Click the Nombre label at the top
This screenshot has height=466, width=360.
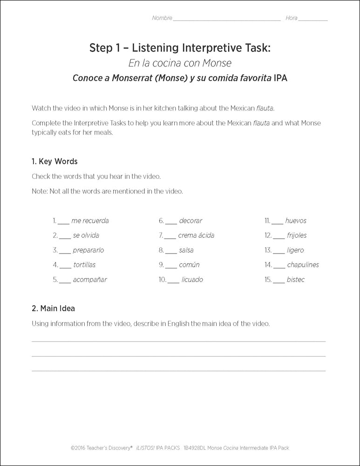pos(162,18)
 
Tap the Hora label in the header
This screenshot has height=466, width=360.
pos(291,18)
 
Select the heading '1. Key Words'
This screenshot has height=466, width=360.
pos(54,162)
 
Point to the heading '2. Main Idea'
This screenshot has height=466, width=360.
pos(53,308)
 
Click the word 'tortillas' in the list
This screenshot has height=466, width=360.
pos(84,265)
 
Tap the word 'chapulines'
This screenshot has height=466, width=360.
pos(303,265)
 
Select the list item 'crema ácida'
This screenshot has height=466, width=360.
pos(196,235)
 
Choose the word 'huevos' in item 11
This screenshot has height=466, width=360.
pos(296,220)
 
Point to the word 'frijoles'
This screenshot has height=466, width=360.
pos(297,235)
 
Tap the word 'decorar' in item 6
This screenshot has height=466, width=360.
pos(190,220)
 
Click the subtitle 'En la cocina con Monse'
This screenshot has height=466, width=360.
pos(180,63)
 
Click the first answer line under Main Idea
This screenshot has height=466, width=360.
pos(178,341)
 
